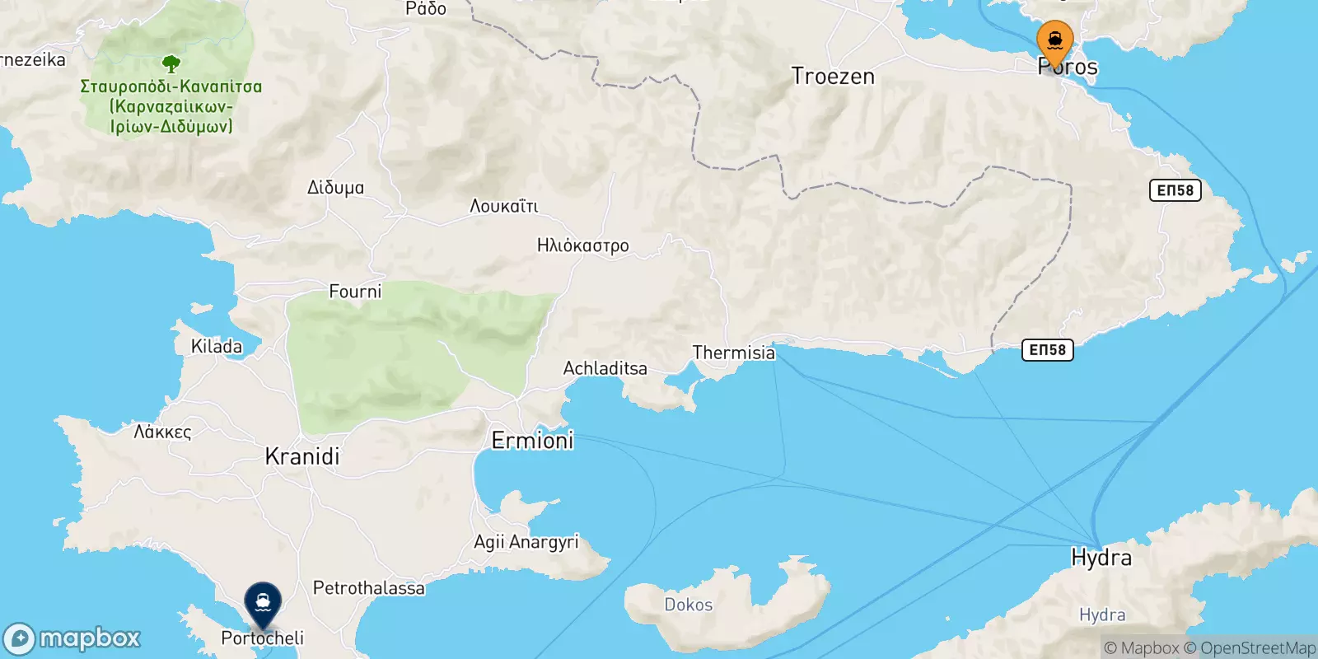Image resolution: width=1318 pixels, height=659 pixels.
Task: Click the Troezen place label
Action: click(833, 77)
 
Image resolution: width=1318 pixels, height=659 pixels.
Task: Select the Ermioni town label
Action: click(532, 441)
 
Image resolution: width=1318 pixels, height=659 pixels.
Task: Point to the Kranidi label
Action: click(302, 456)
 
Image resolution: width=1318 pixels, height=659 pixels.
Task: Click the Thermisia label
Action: click(733, 353)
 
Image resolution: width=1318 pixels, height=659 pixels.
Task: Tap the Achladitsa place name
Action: click(605, 368)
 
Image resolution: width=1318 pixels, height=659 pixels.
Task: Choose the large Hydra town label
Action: click(1101, 558)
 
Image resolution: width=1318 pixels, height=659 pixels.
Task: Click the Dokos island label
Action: click(688, 605)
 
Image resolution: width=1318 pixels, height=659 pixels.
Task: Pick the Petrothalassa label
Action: click(368, 588)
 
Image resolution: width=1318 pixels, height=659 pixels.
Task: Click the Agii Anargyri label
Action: click(526, 542)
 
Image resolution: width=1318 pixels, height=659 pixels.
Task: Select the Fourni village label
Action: click(355, 292)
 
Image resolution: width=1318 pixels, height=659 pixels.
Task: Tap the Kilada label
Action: click(217, 347)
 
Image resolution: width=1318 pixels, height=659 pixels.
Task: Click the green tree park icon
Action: click(171, 63)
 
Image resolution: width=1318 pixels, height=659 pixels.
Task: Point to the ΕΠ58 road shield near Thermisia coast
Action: click(1047, 350)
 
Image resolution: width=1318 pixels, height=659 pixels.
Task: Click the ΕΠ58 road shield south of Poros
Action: click(1175, 190)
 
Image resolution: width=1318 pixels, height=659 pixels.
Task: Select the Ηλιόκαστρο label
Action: click(582, 245)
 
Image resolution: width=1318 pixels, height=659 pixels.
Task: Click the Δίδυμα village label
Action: click(335, 188)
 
